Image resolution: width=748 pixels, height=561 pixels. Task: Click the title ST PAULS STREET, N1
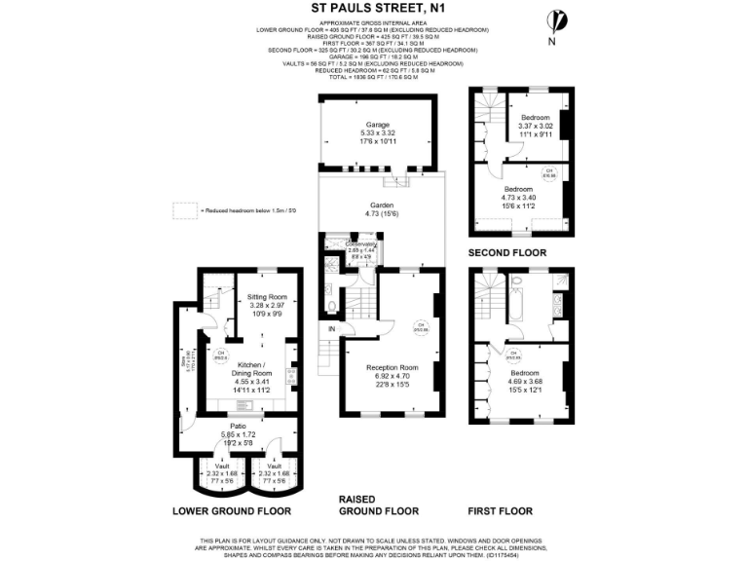coord(374,9)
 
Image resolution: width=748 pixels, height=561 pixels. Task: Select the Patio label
coord(238,426)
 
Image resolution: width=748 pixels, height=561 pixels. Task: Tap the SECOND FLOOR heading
coord(507,252)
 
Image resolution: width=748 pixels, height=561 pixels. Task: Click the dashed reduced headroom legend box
coord(183,209)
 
